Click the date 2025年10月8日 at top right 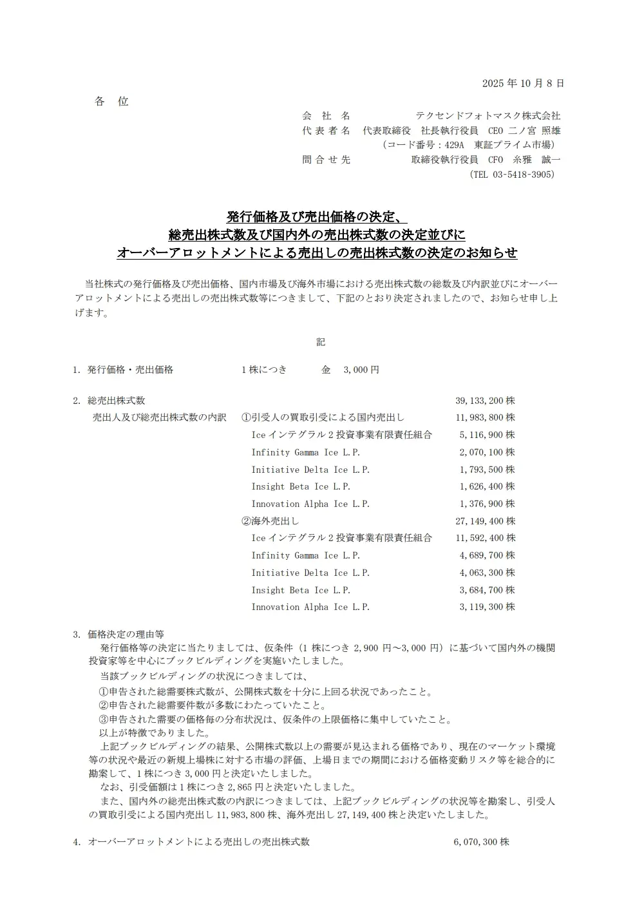522,83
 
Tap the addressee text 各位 111,101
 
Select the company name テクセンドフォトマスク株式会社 488,116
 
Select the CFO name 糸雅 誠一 536,160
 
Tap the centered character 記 320,342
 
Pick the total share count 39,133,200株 485,401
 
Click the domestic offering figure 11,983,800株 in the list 485,417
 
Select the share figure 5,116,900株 487,435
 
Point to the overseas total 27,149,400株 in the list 485,521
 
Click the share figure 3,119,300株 487,607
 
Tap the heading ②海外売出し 270,521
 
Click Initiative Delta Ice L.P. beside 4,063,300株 310,573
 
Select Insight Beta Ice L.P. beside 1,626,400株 301,486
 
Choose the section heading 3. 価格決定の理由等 118,634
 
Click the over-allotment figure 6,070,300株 481,842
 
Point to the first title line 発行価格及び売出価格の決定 317,216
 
